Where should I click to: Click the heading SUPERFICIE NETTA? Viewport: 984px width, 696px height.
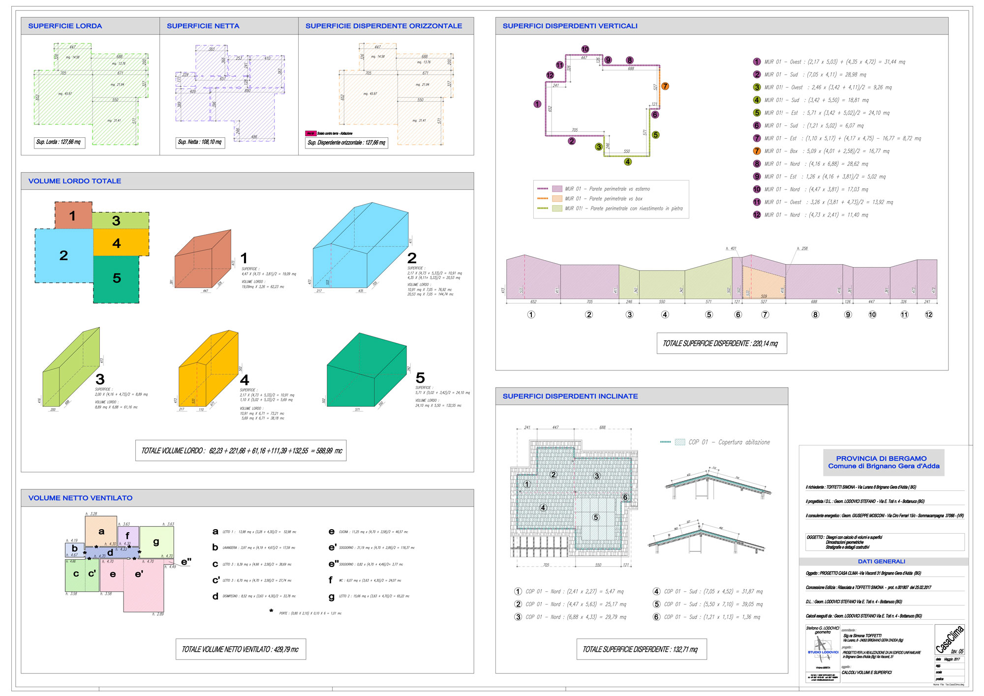tap(203, 26)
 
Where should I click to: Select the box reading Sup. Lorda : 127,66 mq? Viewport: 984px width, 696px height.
tap(59, 142)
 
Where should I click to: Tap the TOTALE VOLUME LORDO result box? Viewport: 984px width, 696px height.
tap(241, 451)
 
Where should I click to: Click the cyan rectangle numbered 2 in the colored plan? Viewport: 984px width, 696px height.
tap(63, 255)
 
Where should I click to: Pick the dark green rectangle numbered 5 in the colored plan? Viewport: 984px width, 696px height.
tap(117, 278)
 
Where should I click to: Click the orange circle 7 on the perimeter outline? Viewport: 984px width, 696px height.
tap(665, 86)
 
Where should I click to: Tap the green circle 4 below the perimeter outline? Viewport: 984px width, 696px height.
tap(628, 161)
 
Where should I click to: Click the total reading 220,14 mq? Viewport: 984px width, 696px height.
tap(721, 343)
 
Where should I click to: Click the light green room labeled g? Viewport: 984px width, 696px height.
tap(156, 542)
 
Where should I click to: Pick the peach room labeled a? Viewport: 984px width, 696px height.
tap(101, 531)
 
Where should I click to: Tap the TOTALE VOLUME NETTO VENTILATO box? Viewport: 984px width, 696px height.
tap(241, 649)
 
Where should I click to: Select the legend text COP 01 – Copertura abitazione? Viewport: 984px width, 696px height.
tap(729, 442)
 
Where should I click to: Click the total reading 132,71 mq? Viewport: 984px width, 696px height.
tap(641, 649)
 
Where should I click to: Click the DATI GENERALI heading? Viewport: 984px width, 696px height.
tap(881, 561)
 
